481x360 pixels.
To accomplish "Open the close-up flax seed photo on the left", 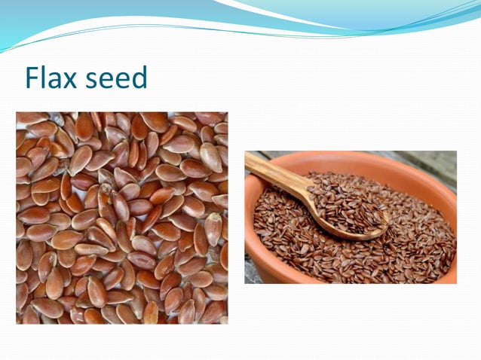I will [x=121, y=218].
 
